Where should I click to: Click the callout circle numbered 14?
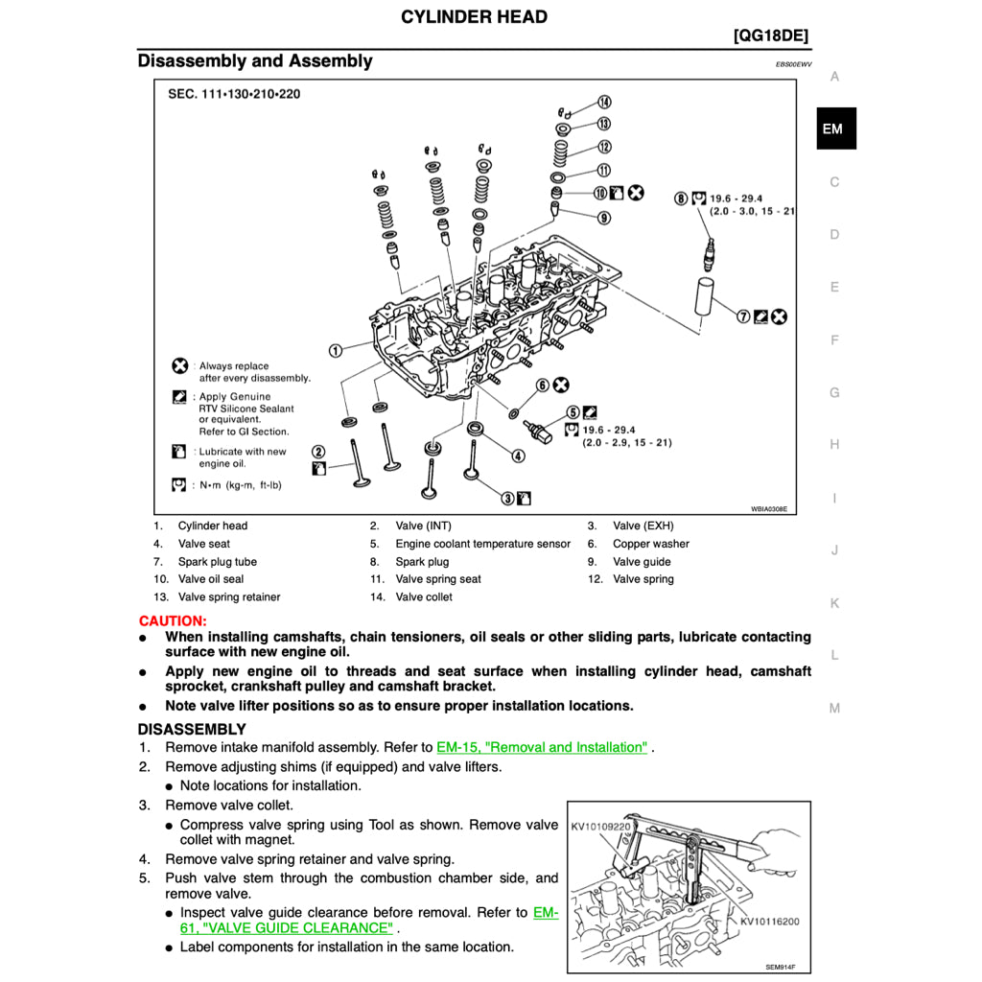604,103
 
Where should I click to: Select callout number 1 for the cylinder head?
336,351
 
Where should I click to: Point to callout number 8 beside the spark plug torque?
681,198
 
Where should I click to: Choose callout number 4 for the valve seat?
518,456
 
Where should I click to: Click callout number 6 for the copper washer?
542,386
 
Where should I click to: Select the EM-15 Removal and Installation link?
542,747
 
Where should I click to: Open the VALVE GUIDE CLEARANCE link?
287,928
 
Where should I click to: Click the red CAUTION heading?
173,621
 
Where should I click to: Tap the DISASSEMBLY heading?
192,730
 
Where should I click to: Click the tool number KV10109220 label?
600,826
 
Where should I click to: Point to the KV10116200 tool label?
769,922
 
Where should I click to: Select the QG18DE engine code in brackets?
770,36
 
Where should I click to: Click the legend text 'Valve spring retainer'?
229,597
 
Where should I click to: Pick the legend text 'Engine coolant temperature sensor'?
482,544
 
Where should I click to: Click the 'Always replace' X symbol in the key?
179,365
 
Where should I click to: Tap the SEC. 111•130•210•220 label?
234,94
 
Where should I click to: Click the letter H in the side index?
834,445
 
